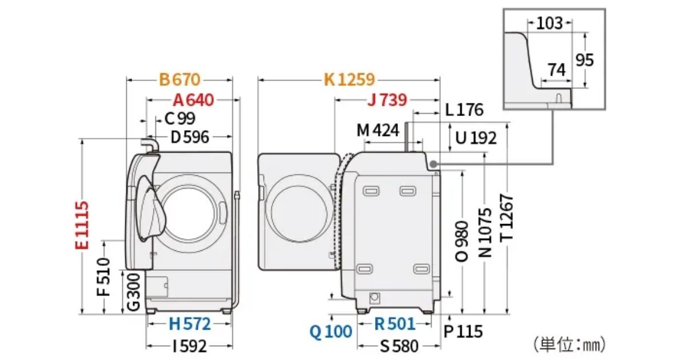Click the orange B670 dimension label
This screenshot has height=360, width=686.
(x=180, y=80)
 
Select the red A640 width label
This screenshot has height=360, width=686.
(x=193, y=100)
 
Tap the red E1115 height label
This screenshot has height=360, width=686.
(x=82, y=225)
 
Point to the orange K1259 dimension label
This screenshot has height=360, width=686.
(x=349, y=80)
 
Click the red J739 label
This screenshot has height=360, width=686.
(x=387, y=100)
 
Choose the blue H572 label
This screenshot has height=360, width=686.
(x=189, y=324)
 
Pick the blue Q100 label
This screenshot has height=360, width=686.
(x=331, y=331)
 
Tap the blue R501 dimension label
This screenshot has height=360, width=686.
(x=394, y=324)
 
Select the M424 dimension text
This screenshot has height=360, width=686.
(x=377, y=130)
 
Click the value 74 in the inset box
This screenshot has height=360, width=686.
(x=556, y=70)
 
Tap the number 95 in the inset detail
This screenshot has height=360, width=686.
(x=584, y=59)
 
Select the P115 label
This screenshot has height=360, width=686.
(x=463, y=331)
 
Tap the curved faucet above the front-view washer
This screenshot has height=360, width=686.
(x=150, y=145)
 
